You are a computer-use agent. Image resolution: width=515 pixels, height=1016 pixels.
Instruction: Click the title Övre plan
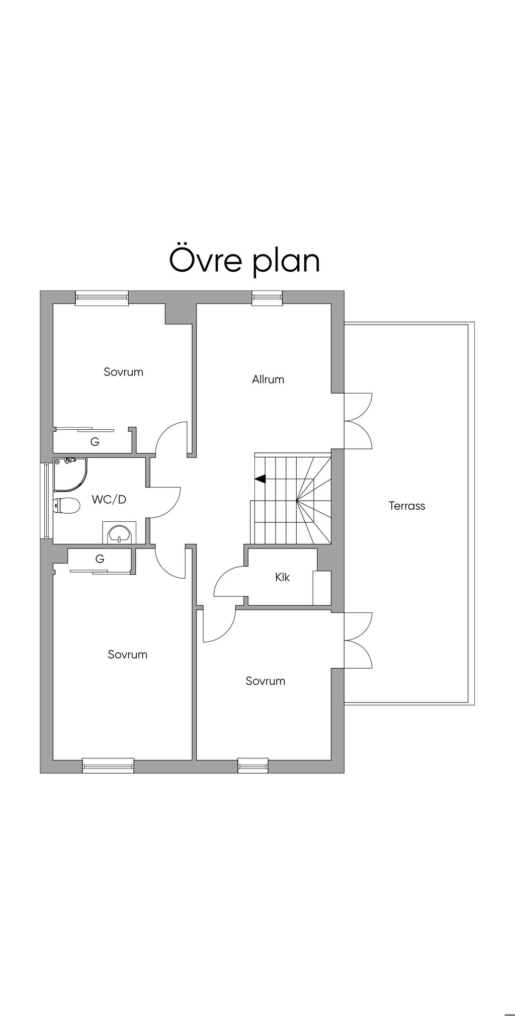click(x=244, y=260)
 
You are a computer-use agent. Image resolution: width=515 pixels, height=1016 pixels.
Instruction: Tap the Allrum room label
click(x=268, y=379)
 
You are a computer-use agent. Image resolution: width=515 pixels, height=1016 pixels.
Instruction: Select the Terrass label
click(x=407, y=506)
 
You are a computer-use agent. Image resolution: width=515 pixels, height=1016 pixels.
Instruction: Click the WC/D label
click(x=109, y=500)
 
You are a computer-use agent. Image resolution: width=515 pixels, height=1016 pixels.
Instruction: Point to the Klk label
click(x=283, y=577)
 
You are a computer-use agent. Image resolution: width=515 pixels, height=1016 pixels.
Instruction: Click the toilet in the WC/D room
click(x=66, y=506)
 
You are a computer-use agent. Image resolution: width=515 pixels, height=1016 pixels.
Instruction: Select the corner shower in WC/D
click(x=70, y=475)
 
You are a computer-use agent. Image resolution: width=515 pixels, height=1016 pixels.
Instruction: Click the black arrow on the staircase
click(x=261, y=479)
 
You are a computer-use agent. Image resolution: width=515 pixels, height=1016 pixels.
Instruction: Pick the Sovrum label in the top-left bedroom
click(x=124, y=372)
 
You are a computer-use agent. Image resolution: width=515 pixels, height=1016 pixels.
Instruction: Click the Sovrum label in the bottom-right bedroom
click(x=266, y=681)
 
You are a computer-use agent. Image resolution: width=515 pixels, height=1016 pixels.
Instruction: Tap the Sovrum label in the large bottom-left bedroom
click(x=128, y=654)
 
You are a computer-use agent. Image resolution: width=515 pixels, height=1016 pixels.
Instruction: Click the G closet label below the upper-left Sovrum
click(x=95, y=442)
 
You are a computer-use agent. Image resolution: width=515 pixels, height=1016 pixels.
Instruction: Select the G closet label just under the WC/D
click(x=100, y=559)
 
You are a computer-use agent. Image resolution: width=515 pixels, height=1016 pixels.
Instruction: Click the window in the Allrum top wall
click(x=268, y=298)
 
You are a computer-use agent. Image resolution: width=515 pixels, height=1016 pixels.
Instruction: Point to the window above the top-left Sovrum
click(x=102, y=298)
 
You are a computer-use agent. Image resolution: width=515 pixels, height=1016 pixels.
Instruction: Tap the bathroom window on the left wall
click(x=47, y=500)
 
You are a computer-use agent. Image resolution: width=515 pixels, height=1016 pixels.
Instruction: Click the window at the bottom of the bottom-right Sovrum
click(x=253, y=765)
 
